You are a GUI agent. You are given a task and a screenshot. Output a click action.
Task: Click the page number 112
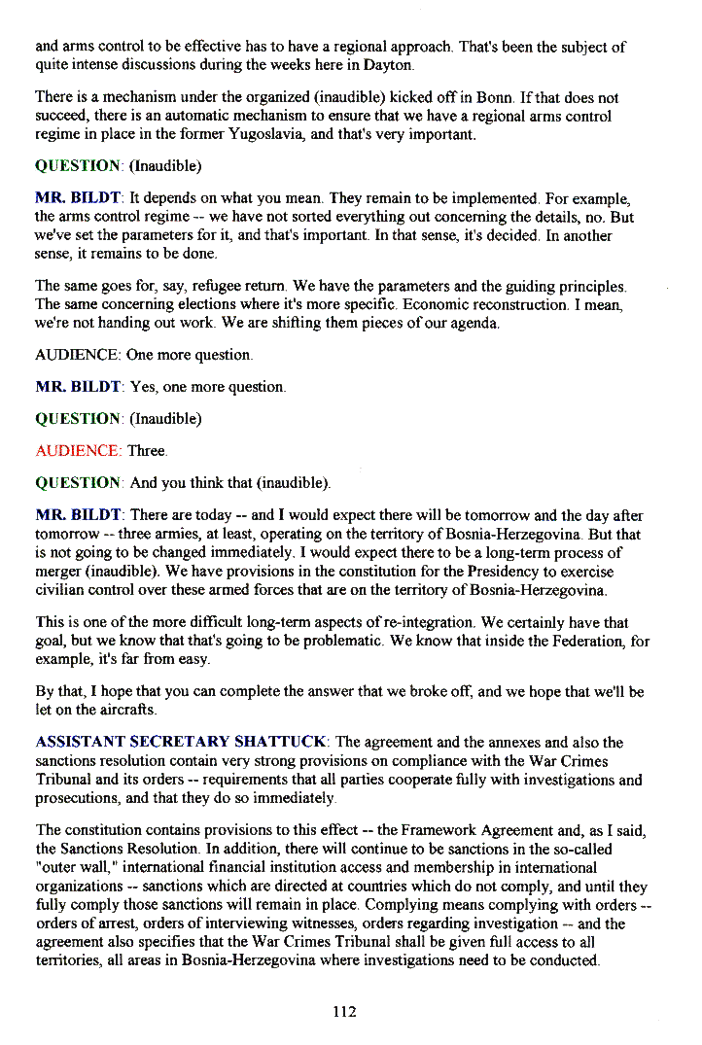(344, 1012)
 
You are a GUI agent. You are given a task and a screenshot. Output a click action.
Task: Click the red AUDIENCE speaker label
(78, 451)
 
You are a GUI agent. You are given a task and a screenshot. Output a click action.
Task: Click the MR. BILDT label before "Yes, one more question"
(78, 387)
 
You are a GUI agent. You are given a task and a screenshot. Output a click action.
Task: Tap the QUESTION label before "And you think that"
(78, 483)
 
